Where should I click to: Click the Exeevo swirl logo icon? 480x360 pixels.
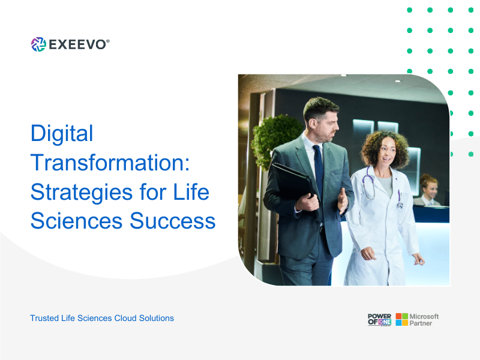38,44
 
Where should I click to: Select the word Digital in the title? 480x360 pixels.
62,133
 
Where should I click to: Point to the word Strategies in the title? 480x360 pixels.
82,192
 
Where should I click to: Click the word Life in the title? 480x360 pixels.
191,192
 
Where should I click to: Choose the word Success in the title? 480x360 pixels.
173,221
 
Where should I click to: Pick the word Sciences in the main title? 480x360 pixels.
77,221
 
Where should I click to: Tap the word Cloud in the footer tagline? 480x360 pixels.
125,318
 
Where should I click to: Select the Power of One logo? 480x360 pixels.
380,320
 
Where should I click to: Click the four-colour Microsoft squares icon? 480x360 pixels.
401,319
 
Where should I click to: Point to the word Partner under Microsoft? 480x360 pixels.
421,323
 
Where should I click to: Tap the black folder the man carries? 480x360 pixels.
293,182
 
